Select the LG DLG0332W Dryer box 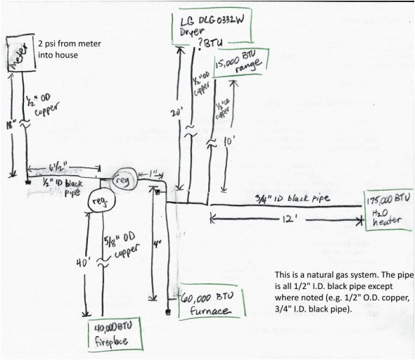[x=210, y=27]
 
